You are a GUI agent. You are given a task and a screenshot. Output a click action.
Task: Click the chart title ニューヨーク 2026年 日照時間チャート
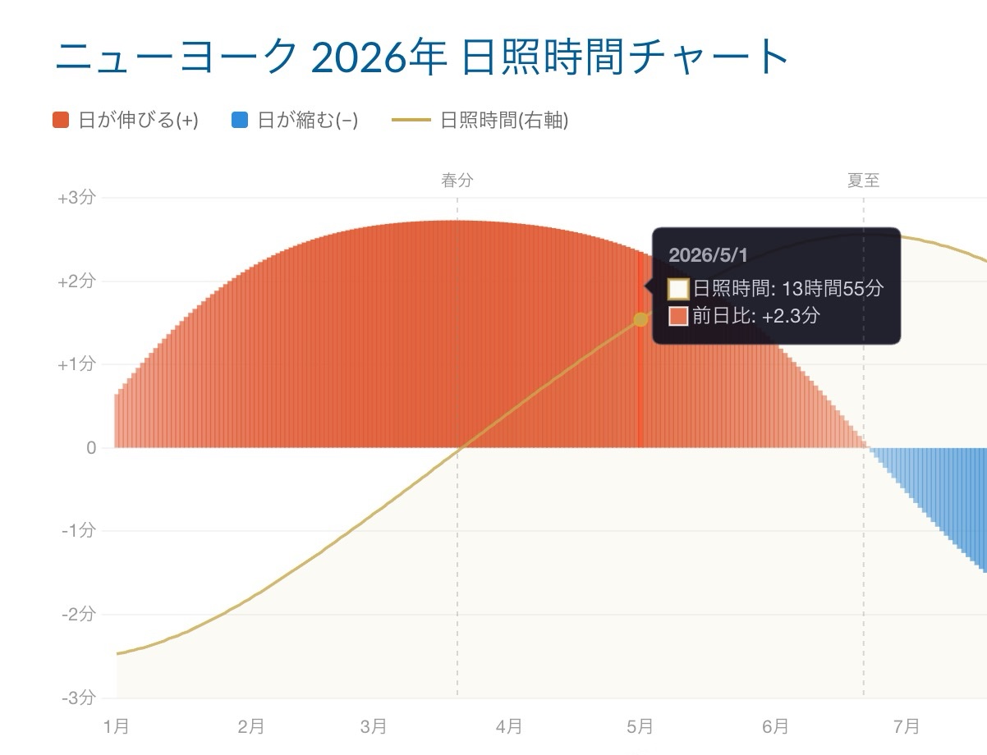(422, 56)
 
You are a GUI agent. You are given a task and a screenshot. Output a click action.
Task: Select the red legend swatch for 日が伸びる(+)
(61, 121)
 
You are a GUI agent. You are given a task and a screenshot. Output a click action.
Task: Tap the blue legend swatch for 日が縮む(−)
(240, 121)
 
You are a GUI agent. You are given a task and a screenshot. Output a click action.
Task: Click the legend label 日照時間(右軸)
(504, 121)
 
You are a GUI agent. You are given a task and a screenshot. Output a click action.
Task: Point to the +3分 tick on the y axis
(76, 198)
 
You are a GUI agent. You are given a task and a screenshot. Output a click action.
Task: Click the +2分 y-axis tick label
(76, 281)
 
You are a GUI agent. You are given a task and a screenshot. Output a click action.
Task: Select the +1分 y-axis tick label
(76, 364)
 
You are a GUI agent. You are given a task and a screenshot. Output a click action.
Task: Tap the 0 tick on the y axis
(90, 448)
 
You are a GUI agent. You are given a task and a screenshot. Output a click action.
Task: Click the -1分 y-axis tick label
(79, 531)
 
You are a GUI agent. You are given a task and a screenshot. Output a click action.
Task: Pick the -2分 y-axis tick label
(79, 614)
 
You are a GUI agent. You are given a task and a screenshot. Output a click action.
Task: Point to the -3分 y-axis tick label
(79, 698)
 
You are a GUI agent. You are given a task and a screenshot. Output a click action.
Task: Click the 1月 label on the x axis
(117, 726)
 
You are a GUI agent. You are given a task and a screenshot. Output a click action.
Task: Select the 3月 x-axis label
(374, 726)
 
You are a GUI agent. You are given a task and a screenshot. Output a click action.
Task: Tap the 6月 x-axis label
(775, 726)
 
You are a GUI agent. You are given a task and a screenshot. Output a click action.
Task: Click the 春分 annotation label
(457, 181)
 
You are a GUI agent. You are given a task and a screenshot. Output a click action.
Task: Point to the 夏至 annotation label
(863, 181)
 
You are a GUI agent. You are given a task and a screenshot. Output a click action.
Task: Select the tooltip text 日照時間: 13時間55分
(787, 289)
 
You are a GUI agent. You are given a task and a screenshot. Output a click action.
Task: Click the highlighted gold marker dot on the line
(640, 319)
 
